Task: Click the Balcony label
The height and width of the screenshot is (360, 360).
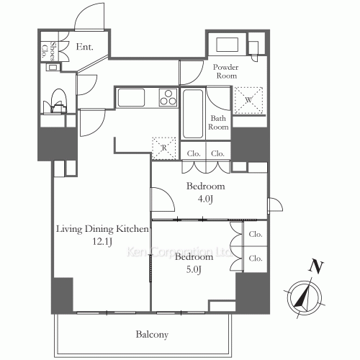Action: point(152,334)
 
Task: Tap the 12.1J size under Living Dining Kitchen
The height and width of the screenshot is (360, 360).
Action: point(102,242)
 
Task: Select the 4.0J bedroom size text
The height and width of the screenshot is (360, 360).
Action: point(205,199)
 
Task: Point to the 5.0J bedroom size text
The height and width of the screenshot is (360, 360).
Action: point(194,270)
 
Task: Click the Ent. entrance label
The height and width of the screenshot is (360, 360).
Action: point(84,47)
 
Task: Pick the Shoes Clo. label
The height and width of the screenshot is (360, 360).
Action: point(48,51)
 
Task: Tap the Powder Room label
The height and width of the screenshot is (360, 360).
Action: point(226,71)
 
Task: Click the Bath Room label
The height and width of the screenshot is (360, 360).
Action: point(218,122)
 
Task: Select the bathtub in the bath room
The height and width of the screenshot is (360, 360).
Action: point(193,114)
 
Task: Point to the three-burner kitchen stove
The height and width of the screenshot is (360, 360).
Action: point(168,97)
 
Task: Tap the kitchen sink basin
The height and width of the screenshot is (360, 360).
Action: point(131,97)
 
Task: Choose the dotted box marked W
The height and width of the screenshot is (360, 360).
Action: point(248,100)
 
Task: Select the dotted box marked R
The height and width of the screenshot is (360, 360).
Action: point(164,148)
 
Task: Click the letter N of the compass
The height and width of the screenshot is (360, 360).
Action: point(316,267)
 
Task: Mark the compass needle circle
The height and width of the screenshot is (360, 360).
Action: point(305,298)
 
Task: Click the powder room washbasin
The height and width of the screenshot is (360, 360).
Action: point(227,45)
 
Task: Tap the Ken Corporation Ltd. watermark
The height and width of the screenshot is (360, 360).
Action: point(179,252)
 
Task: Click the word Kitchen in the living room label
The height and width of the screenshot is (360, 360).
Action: point(132,229)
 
